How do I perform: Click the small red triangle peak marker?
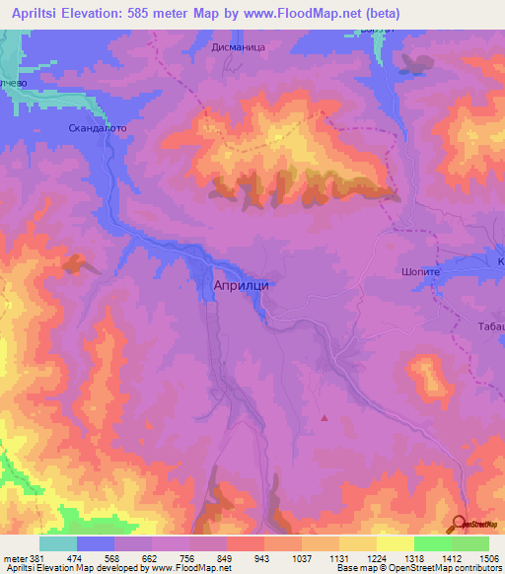point(325,417)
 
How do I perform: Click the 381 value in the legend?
point(37,557)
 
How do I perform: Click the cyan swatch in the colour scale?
point(58,543)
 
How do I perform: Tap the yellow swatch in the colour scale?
point(395,543)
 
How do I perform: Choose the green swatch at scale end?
point(469,543)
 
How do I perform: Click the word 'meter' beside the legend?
point(14,557)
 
